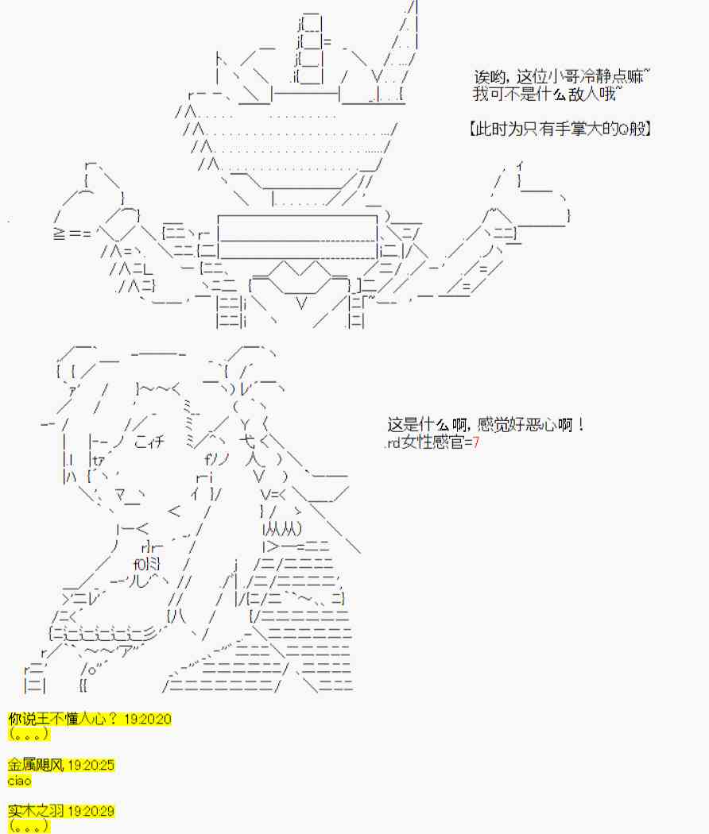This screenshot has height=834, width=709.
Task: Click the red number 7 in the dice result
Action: click(x=476, y=442)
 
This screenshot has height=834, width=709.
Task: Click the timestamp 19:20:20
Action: click(x=147, y=719)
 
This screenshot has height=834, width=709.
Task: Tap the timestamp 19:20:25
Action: click(x=91, y=766)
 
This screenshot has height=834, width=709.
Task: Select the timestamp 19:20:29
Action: click(x=91, y=812)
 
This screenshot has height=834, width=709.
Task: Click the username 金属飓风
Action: click(x=36, y=766)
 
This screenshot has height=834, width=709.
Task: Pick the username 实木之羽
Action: click(x=36, y=812)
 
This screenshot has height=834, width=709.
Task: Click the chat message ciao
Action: click(x=20, y=781)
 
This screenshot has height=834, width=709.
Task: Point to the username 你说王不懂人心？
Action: click(x=63, y=719)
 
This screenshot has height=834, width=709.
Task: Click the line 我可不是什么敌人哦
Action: click(x=547, y=95)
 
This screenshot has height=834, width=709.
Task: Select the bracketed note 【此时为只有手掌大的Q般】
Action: click(x=560, y=129)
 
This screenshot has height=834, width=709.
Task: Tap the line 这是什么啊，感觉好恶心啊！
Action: click(x=486, y=425)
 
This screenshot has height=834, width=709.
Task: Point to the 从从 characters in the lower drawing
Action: click(x=284, y=529)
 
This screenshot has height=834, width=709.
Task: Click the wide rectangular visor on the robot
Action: click(x=297, y=237)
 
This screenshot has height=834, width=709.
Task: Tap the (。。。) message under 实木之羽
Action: click(x=29, y=827)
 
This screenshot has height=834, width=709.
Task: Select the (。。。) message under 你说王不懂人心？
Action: click(x=29, y=734)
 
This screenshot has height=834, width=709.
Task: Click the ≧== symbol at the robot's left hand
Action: click(x=72, y=234)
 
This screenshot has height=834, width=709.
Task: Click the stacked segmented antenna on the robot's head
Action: click(x=310, y=48)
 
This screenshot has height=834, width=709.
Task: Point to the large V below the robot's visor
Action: click(x=301, y=303)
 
